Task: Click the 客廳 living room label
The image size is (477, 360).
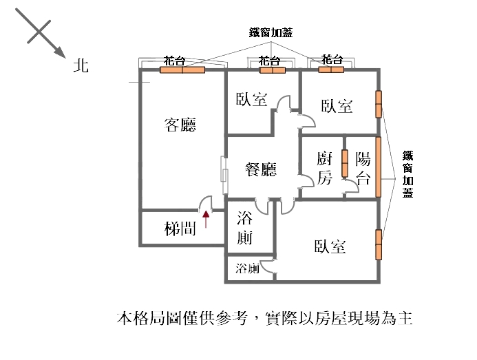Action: click(x=180, y=125)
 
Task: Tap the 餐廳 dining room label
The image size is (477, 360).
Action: click(x=261, y=169)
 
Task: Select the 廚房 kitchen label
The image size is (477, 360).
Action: click(x=325, y=169)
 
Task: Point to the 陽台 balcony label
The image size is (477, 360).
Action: click(x=363, y=169)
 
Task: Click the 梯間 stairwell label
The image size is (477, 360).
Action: click(x=180, y=229)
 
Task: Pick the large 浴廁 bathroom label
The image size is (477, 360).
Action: click(x=244, y=229)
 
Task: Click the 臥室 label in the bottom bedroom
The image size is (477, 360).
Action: click(x=330, y=246)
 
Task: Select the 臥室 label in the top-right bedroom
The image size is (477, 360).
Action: click(x=337, y=106)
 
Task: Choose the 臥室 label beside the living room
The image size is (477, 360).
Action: click(x=251, y=100)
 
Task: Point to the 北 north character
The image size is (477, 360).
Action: click(x=81, y=66)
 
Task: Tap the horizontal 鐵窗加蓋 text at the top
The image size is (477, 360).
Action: click(x=270, y=32)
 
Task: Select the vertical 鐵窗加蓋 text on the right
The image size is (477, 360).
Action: click(x=407, y=174)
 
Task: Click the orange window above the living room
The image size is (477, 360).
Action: click(x=183, y=70)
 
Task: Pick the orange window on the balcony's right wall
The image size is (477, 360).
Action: click(x=378, y=167)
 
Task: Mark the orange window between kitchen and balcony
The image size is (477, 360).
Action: click(x=344, y=162)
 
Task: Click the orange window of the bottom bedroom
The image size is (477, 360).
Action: click(x=378, y=244)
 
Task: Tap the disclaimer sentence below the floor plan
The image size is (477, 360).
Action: click(x=264, y=319)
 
